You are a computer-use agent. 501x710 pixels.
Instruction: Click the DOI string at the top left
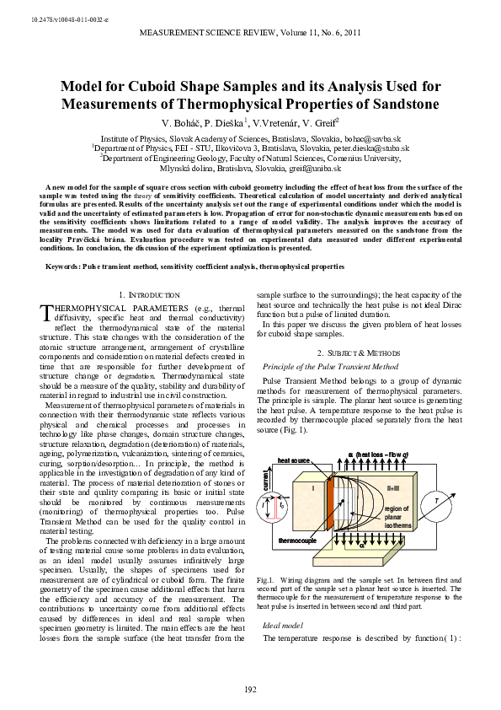tap(50, 19)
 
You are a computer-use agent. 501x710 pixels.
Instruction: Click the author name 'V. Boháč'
tap(186, 122)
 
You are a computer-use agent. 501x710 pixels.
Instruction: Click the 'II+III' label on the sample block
tap(392, 487)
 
